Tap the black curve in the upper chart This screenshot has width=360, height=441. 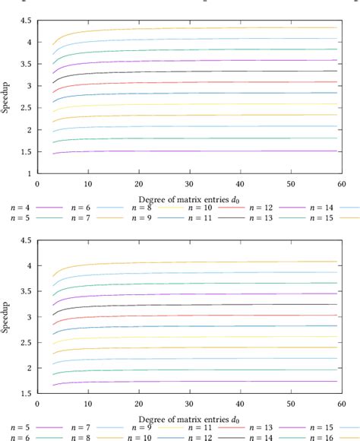(x=190, y=71)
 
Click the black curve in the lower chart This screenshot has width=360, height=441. (x=190, y=304)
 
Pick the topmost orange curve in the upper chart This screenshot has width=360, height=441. (x=190, y=28)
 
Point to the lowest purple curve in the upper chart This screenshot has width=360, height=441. (x=190, y=151)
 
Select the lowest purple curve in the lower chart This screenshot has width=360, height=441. (x=190, y=381)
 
